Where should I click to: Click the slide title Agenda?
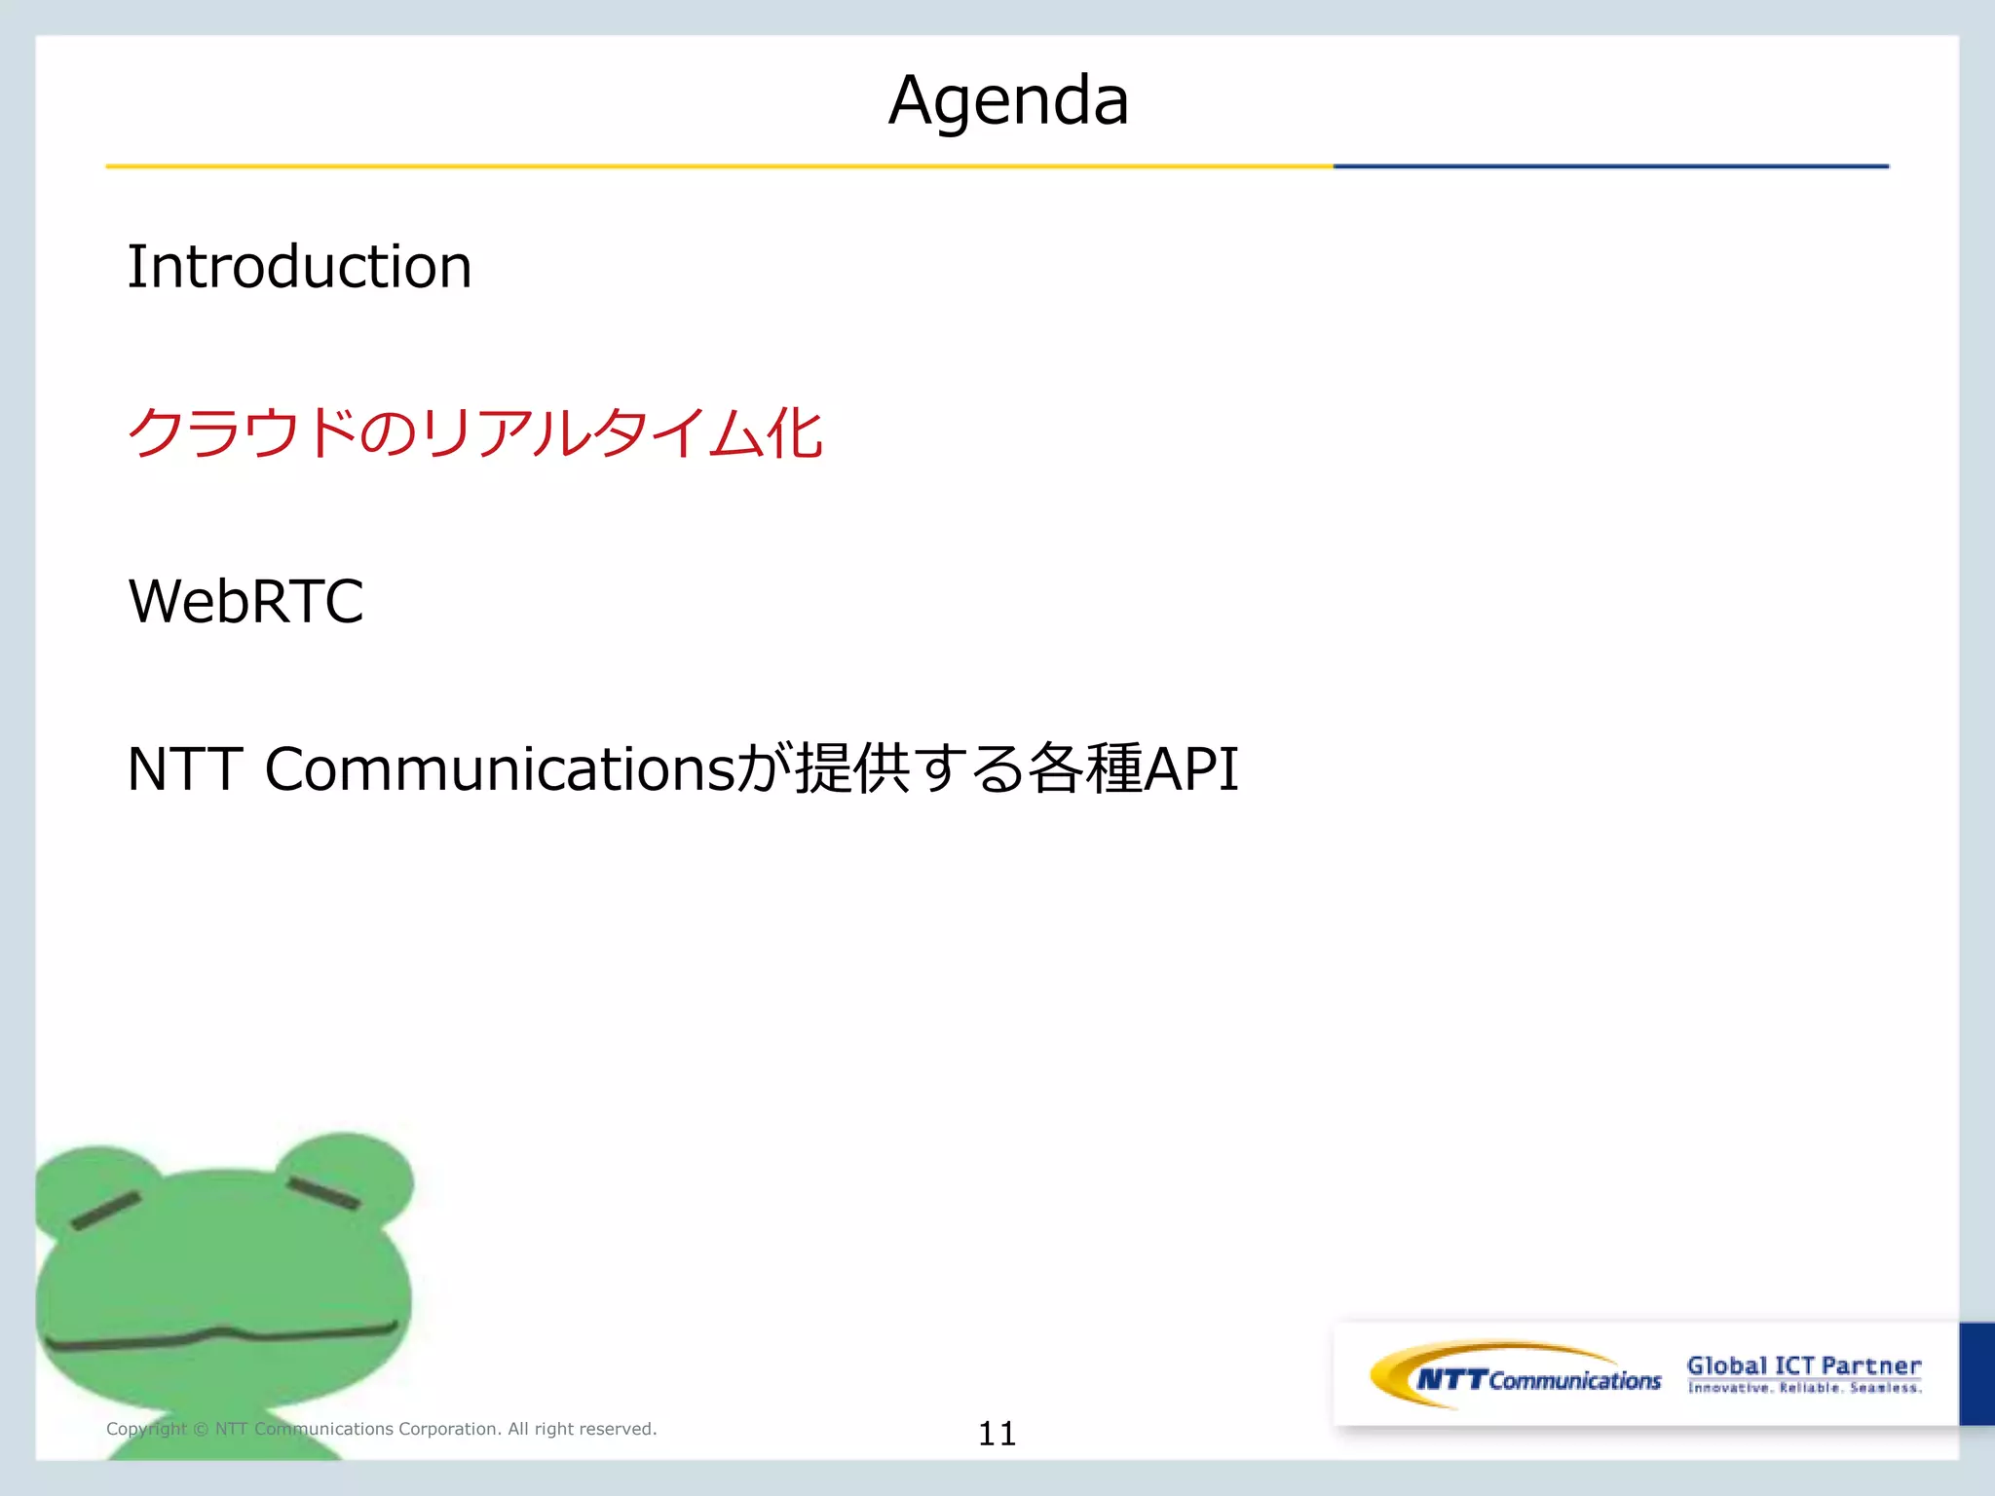pyautogui.click(x=1008, y=100)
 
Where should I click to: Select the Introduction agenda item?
pyautogui.click(x=299, y=267)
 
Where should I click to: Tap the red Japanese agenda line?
pyautogui.click(x=474, y=433)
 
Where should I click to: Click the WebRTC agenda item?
pyautogui.click(x=245, y=601)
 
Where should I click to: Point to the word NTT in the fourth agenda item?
pyautogui.click(x=184, y=769)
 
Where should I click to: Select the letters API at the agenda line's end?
pyautogui.click(x=1190, y=769)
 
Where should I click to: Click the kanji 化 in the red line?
pyautogui.click(x=794, y=433)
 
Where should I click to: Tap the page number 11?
pyautogui.click(x=997, y=1434)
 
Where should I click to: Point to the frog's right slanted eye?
pyautogui.click(x=323, y=1192)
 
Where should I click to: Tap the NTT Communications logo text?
pyautogui.click(x=1539, y=1380)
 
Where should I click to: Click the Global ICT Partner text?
pyautogui.click(x=1803, y=1365)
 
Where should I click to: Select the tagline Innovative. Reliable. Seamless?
pyautogui.click(x=1804, y=1388)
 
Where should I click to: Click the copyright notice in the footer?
pyautogui.click(x=381, y=1429)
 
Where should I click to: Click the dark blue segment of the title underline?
pyautogui.click(x=1609, y=167)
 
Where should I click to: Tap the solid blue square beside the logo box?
pyautogui.click(x=1976, y=1373)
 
